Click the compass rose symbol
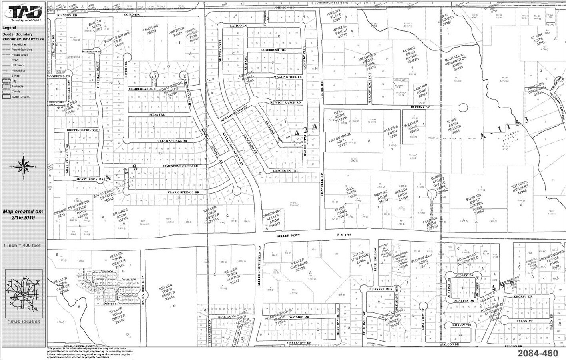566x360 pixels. [23, 167]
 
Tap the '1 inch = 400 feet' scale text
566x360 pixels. [22, 245]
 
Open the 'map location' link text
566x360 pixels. [24, 321]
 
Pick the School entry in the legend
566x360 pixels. [16, 76]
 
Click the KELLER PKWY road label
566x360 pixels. [288, 236]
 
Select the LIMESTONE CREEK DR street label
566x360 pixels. [180, 166]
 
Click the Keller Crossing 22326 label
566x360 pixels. [299, 266]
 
